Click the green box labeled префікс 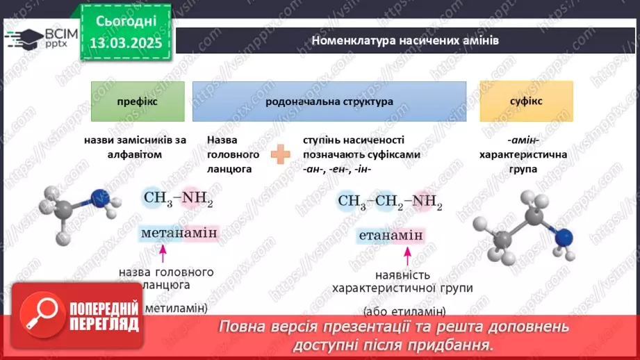(x=138, y=101)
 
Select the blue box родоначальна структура (x=329, y=101)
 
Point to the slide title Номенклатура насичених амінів (x=405, y=40)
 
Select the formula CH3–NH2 (x=179, y=200)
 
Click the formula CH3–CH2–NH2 (x=390, y=202)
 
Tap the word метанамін (x=179, y=233)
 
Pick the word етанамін (x=391, y=236)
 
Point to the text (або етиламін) (x=404, y=311)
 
